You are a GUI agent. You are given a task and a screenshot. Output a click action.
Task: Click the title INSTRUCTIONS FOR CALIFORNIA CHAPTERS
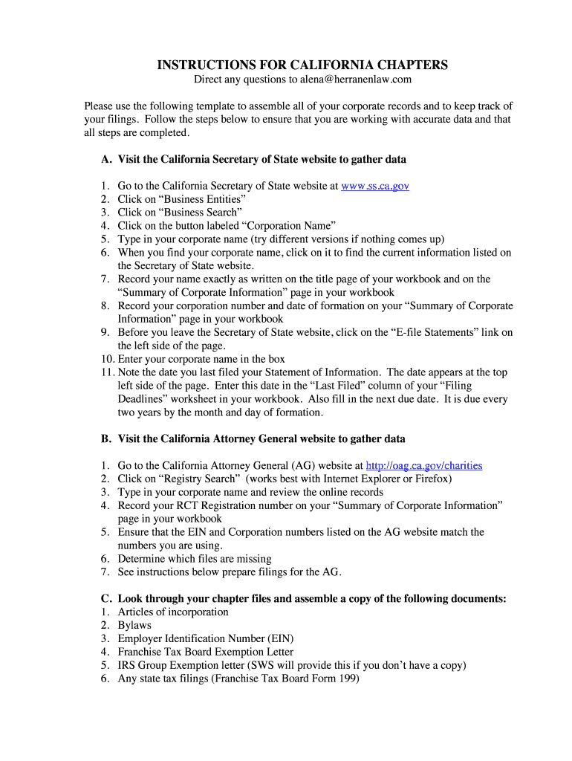click(x=302, y=65)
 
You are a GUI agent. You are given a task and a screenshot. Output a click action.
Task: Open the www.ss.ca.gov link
click(x=375, y=186)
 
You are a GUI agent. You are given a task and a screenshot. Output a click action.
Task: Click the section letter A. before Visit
click(x=107, y=159)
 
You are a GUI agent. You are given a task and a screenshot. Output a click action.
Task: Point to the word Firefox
click(x=432, y=479)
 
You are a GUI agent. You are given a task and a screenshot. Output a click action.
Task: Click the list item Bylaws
click(x=134, y=625)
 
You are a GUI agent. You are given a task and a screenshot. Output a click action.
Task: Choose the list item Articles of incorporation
click(x=173, y=612)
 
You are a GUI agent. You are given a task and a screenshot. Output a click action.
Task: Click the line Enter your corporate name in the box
click(x=201, y=359)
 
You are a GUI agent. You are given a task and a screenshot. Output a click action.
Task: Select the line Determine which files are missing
click(x=195, y=558)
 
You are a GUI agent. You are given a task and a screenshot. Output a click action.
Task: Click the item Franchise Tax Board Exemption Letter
click(x=205, y=652)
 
